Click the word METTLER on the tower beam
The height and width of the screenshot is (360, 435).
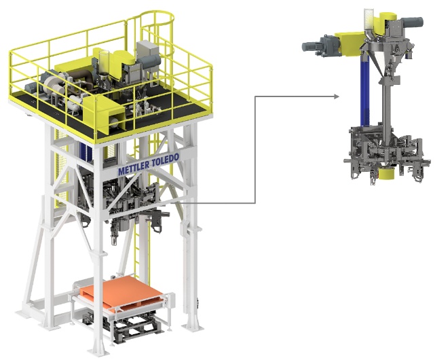[134, 168]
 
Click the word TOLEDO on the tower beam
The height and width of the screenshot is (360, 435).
[165, 160]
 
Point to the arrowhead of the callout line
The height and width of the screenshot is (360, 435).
[337, 96]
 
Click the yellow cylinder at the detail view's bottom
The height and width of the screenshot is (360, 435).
[385, 175]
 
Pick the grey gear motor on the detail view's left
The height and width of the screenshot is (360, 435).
[319, 46]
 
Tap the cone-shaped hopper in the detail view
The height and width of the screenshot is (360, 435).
[382, 58]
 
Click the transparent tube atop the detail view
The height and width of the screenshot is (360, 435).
[368, 19]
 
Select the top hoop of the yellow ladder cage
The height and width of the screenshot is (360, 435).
[157, 17]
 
